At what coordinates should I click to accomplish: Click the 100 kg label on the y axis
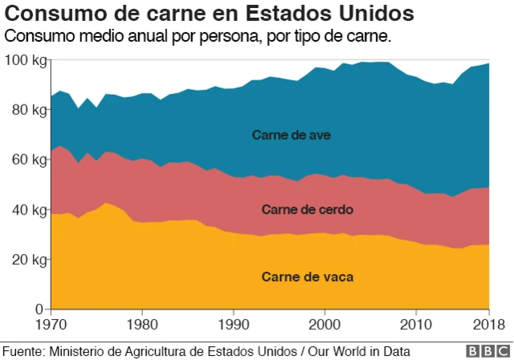[26, 60]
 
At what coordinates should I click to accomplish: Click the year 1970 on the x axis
[51, 325]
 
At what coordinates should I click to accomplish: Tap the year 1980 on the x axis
[142, 325]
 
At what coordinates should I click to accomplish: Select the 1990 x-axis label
[233, 325]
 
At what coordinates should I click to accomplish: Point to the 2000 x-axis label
[324, 325]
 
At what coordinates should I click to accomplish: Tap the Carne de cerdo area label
[308, 210]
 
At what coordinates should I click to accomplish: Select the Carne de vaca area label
[308, 277]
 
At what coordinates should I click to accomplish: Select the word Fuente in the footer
[23, 351]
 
